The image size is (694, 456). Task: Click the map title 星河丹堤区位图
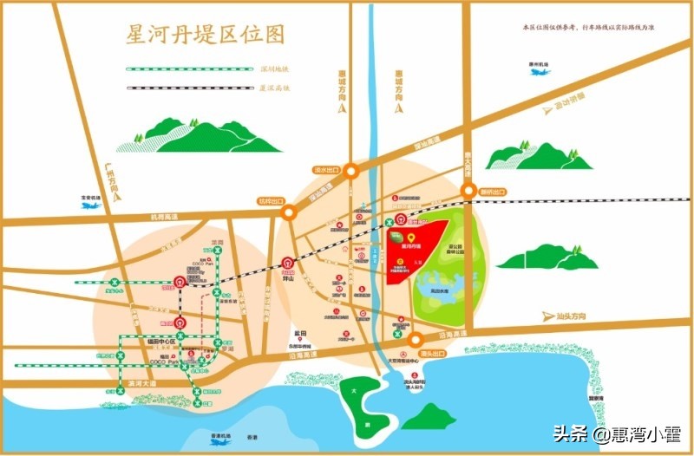click(x=206, y=36)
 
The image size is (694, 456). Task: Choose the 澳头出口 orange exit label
click(x=431, y=354)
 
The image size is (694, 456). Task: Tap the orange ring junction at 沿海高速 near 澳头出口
click(x=416, y=339)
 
